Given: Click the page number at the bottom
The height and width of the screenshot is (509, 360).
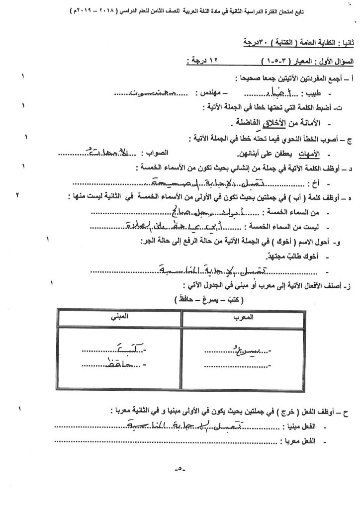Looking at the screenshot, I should tap(180, 468).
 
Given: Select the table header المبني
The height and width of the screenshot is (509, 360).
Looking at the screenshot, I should tap(119, 317).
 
